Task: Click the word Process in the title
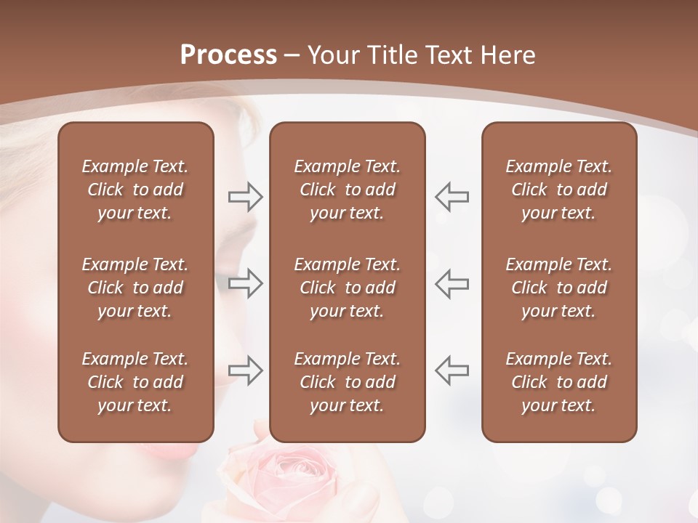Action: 228,55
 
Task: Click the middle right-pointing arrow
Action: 245,283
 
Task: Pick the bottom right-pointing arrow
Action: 245,370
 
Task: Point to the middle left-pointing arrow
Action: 452,283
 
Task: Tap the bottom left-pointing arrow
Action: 452,370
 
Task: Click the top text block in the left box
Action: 135,190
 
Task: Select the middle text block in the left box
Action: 135,288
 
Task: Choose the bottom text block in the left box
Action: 135,382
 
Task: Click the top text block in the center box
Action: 347,190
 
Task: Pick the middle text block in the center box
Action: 347,288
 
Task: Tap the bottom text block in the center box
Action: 347,382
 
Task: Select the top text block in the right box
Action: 558,190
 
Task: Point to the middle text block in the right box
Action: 558,288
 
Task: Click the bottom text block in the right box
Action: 558,382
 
